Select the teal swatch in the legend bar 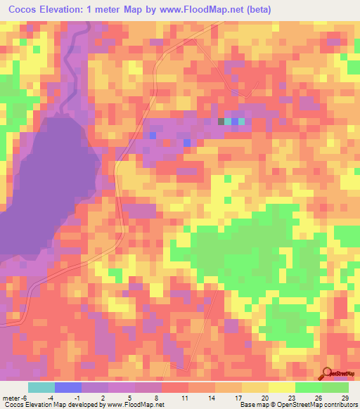pyautogui.click(x=41, y=387)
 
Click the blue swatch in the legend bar pyautogui.click(x=68, y=387)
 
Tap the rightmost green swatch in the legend pyautogui.click(x=335, y=387)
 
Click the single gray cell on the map pyautogui.click(x=221, y=122)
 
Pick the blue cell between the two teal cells pyautogui.click(x=235, y=122)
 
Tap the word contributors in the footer pyautogui.click(x=339, y=405)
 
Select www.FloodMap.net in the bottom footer pyautogui.click(x=138, y=405)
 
